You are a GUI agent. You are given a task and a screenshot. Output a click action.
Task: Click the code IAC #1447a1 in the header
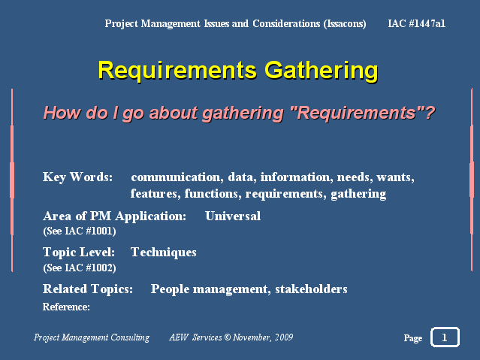416,23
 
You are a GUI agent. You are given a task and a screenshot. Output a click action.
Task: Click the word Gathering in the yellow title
322,71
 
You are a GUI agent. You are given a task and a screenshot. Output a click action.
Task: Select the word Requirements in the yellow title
177,71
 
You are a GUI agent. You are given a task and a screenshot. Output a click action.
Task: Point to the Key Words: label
78,177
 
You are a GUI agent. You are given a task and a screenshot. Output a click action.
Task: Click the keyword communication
176,177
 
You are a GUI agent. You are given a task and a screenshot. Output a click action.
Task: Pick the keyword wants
395,177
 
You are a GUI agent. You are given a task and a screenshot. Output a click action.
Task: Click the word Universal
233,216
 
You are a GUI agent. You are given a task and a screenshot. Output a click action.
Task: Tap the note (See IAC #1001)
80,231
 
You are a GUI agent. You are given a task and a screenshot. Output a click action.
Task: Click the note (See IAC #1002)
80,268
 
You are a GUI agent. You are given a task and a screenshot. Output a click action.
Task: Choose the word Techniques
164,253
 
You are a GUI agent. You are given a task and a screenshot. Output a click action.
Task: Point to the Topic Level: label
79,253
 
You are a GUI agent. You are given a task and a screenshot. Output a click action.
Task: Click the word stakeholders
311,289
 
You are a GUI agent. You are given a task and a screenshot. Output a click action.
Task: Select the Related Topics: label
88,289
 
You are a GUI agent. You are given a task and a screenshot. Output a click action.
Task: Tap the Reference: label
66,307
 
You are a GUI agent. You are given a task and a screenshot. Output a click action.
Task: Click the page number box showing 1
445,337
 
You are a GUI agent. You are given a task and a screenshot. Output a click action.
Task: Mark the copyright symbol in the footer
227,337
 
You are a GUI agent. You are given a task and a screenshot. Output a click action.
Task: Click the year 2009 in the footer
284,337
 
